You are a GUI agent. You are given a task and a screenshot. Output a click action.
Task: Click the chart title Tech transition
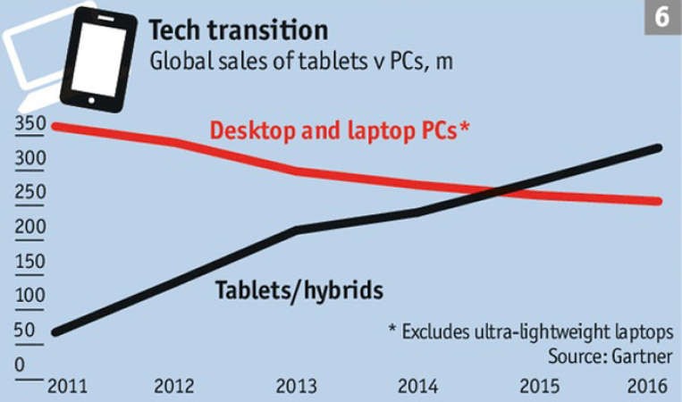(239, 30)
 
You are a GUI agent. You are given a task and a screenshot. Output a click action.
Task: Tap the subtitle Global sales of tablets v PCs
(301, 62)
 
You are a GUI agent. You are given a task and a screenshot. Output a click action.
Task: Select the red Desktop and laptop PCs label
(340, 130)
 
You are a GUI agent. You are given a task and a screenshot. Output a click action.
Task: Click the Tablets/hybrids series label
(299, 290)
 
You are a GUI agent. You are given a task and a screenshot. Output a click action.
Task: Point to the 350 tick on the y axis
(30, 123)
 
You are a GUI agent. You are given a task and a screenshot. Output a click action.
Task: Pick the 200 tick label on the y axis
(30, 227)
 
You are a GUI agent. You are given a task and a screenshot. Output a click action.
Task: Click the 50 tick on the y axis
(24, 331)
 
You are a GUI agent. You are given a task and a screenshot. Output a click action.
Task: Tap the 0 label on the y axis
(20, 364)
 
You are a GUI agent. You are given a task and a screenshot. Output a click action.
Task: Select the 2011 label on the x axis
(67, 386)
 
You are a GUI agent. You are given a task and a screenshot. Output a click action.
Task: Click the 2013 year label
(296, 386)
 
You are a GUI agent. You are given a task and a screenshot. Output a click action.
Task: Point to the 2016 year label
(647, 386)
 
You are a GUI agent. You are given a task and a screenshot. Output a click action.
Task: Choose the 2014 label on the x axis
(418, 386)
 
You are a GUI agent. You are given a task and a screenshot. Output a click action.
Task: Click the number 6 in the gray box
(662, 17)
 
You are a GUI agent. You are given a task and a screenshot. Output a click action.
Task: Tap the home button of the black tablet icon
(91, 101)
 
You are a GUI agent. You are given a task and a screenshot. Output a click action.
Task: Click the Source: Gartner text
(610, 356)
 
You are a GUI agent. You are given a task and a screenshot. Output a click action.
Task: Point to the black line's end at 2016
(658, 148)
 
